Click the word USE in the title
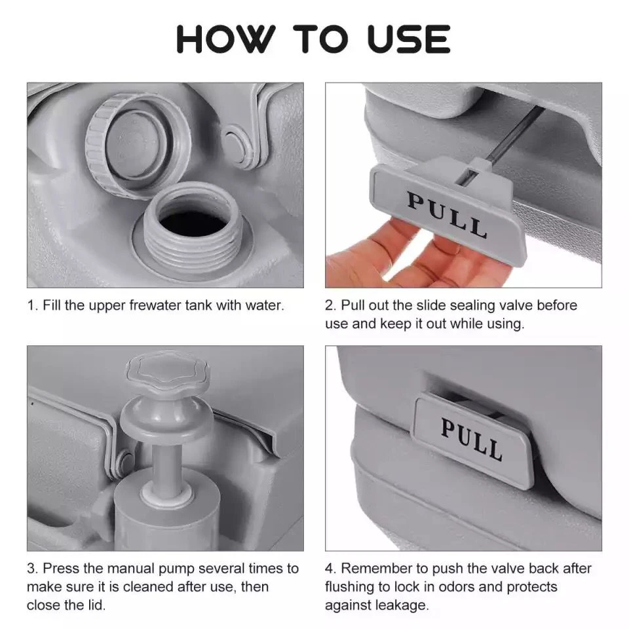408,40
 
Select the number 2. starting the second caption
331,306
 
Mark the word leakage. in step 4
402,605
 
